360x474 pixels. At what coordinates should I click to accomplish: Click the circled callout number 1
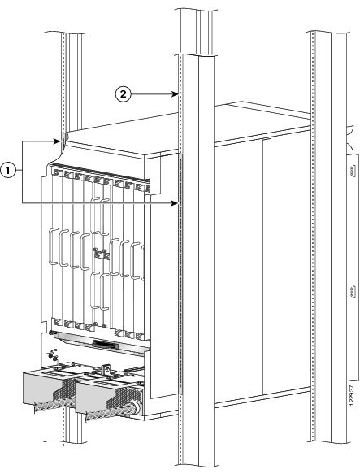(x=8, y=171)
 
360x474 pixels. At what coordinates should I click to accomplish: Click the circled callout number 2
(x=123, y=94)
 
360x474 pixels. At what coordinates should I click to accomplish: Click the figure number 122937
(x=351, y=397)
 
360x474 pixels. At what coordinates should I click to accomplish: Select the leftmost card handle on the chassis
(x=53, y=246)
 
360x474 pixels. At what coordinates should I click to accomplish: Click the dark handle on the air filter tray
(x=102, y=343)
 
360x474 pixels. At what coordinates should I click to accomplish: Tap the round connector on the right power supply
(x=136, y=408)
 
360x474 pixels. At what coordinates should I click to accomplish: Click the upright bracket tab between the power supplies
(x=106, y=369)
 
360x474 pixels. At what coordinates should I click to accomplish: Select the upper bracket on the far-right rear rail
(x=351, y=170)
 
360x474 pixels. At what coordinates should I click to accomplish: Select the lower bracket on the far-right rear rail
(x=351, y=293)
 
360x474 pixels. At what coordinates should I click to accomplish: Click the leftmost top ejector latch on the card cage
(x=56, y=172)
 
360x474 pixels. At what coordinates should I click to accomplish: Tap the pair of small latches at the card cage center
(x=102, y=254)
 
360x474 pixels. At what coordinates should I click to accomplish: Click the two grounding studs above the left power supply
(x=54, y=355)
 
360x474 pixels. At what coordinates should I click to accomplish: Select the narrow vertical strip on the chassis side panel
(x=267, y=266)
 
